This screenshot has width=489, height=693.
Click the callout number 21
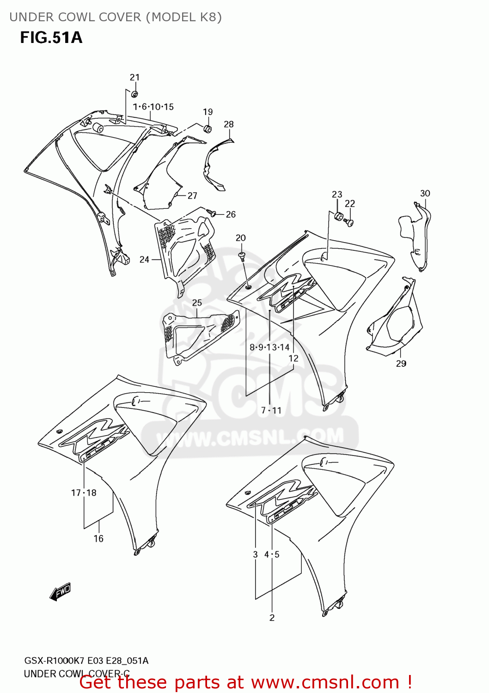pos(134,77)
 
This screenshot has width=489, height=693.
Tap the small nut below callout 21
pos(134,94)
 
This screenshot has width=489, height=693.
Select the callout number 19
pos(208,112)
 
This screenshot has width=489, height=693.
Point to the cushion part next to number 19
pos(208,128)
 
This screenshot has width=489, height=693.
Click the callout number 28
pos(229,124)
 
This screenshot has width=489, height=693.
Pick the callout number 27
pos(192,196)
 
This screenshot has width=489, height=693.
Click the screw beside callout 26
pos(212,213)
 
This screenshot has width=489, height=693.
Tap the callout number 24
pos(144,260)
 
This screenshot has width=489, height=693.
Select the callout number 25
pos(197,303)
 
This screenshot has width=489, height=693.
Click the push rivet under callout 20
pos(242,256)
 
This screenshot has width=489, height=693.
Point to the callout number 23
pos(337,195)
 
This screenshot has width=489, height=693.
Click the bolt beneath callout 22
pos(350,223)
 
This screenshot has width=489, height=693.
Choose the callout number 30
pos(425,194)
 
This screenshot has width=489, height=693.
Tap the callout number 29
pos(401,364)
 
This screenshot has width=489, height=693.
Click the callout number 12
pos(293,359)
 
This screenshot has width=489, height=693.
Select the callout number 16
pos(98,539)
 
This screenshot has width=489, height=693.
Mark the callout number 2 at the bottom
pos(272,618)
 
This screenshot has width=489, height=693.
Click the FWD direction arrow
pos(60,591)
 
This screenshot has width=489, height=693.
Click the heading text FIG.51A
pos(51,37)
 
